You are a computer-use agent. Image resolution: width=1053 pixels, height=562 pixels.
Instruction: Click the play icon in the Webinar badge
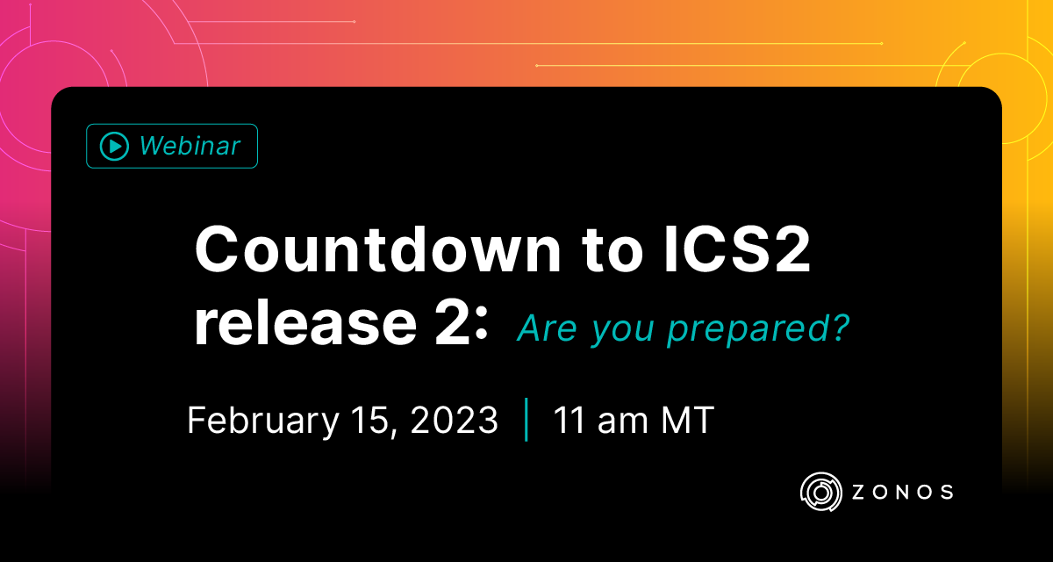click(114, 146)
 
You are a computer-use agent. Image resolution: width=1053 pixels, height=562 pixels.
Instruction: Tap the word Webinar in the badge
click(190, 146)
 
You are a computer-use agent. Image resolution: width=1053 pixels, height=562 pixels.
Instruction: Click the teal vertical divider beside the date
click(526, 421)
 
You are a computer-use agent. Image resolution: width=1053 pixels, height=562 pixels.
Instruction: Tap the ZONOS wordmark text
click(902, 492)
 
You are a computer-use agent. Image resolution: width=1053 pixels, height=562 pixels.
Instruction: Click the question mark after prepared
click(841, 328)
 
